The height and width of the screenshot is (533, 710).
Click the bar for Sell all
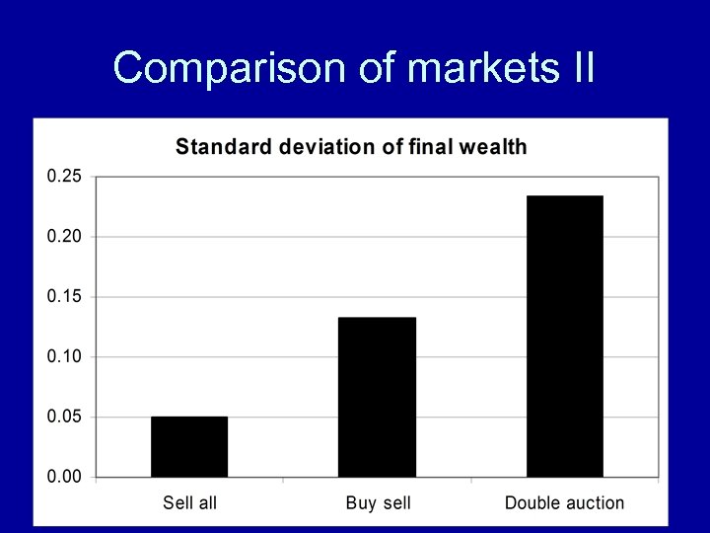189,447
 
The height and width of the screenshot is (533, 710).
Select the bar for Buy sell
377,397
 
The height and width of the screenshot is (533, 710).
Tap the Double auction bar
564,337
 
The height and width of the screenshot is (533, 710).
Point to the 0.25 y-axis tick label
65,177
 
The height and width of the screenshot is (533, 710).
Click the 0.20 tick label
65,237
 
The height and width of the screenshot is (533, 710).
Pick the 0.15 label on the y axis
65,297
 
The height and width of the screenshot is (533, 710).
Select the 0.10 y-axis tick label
65,356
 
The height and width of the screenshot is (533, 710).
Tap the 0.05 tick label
65,418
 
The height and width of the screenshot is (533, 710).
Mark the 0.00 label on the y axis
65,478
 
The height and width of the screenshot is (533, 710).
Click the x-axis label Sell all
189,503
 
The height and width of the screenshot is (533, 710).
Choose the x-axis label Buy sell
378,503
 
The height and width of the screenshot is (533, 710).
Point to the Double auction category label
564,503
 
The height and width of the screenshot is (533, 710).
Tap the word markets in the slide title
468,68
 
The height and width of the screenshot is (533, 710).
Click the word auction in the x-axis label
593,503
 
